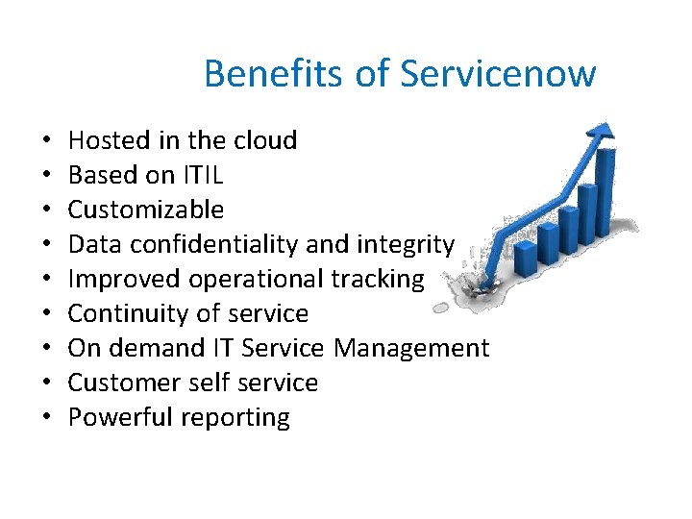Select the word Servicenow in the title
pos(498,73)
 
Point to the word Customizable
pos(145,210)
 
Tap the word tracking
pos(377,279)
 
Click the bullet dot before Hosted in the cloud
pos(46,141)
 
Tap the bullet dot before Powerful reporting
pos(46,418)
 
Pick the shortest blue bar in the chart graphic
pos(526,258)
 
